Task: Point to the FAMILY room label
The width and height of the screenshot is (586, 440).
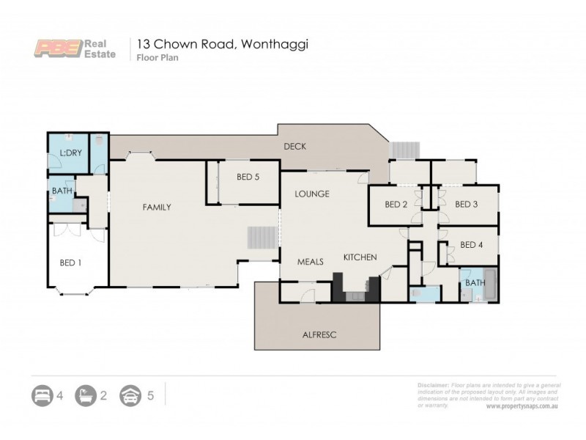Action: pyautogui.click(x=156, y=208)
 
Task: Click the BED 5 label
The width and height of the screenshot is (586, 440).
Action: pyautogui.click(x=248, y=176)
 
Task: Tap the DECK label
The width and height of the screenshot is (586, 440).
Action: pyautogui.click(x=294, y=146)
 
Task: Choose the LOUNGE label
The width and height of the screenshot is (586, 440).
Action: pyautogui.click(x=311, y=194)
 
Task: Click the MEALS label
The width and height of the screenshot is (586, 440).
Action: pyautogui.click(x=310, y=261)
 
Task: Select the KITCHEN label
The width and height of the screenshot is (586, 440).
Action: pyautogui.click(x=360, y=257)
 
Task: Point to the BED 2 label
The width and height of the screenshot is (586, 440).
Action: pyautogui.click(x=396, y=204)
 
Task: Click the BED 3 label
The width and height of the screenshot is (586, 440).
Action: pyautogui.click(x=466, y=204)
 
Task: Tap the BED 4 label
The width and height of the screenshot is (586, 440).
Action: pyautogui.click(x=472, y=246)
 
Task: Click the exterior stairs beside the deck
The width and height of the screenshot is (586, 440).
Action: pyautogui.click(x=404, y=149)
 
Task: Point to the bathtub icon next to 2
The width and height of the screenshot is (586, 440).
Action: pyautogui.click(x=86, y=396)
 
